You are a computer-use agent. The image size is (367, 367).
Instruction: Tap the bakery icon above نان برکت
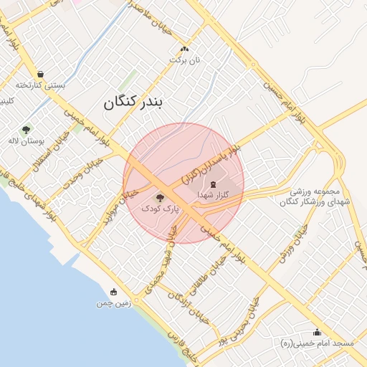185,49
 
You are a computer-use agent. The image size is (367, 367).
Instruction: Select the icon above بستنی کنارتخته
41,73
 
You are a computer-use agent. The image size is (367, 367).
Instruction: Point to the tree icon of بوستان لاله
27,130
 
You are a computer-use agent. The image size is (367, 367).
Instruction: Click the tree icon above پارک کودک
160,197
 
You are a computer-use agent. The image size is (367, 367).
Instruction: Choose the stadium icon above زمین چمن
113,292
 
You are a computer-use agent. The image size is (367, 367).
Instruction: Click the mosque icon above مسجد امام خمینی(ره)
317,332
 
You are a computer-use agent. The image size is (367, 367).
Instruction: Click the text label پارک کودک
160,209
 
